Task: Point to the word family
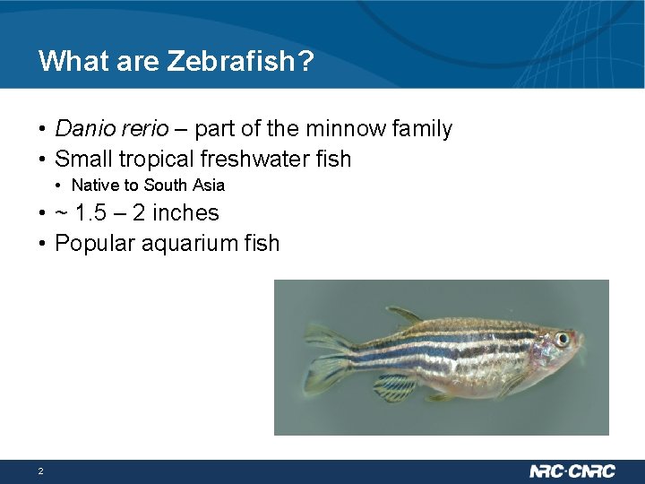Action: click(x=422, y=129)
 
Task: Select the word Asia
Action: click(x=207, y=186)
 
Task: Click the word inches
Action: click(x=185, y=213)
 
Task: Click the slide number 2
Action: click(x=40, y=471)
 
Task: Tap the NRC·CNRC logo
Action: click(x=572, y=471)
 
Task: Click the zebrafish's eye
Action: click(x=563, y=339)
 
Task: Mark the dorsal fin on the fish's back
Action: click(x=405, y=315)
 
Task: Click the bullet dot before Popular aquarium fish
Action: click(x=43, y=244)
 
